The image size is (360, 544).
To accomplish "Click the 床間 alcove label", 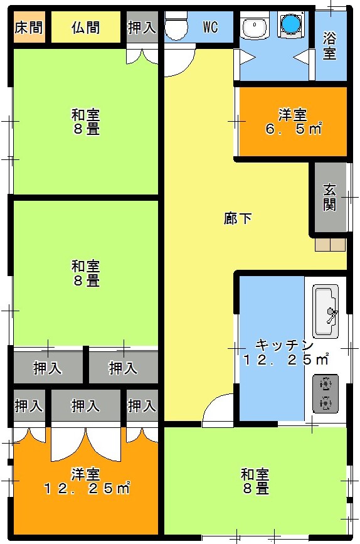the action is [x=29, y=28].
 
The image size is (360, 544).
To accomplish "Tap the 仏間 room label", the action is [x=86, y=28].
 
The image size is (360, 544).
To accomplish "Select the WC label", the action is [x=211, y=27].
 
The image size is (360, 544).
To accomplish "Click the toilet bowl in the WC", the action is [x=176, y=25].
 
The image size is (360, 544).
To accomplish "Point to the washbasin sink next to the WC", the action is [x=255, y=26].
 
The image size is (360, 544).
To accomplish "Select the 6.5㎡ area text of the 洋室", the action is [x=293, y=129].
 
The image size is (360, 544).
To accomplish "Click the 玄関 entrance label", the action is [x=330, y=198].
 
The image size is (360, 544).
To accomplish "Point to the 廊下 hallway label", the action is [x=238, y=218].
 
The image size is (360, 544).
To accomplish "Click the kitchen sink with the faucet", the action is [x=326, y=311].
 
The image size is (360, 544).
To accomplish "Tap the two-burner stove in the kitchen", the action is [x=326, y=393].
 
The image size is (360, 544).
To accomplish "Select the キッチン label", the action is [x=284, y=345].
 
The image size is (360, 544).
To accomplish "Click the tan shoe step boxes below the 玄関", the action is [x=330, y=245].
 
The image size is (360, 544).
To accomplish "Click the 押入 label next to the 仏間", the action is [x=142, y=28].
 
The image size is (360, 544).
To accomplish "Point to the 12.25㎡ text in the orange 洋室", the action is [x=87, y=488].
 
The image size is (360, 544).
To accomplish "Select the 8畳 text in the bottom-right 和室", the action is [x=256, y=489].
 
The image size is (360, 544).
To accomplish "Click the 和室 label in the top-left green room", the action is [x=86, y=114].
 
